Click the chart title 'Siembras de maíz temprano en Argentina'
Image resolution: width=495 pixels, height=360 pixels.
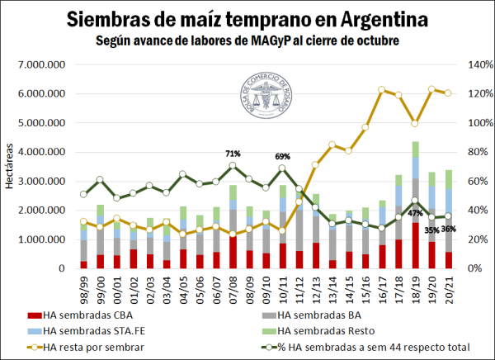(x=247, y=18)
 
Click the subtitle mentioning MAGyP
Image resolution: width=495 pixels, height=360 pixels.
(x=247, y=39)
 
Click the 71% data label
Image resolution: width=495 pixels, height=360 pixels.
(x=233, y=154)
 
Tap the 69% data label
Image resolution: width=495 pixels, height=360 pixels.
(x=283, y=156)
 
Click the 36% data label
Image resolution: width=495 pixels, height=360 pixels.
(x=449, y=229)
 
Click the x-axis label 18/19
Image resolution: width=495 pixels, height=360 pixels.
(x=415, y=286)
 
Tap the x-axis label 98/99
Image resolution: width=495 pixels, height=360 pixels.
(x=83, y=286)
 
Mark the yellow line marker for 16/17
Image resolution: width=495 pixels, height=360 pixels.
(x=382, y=90)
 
